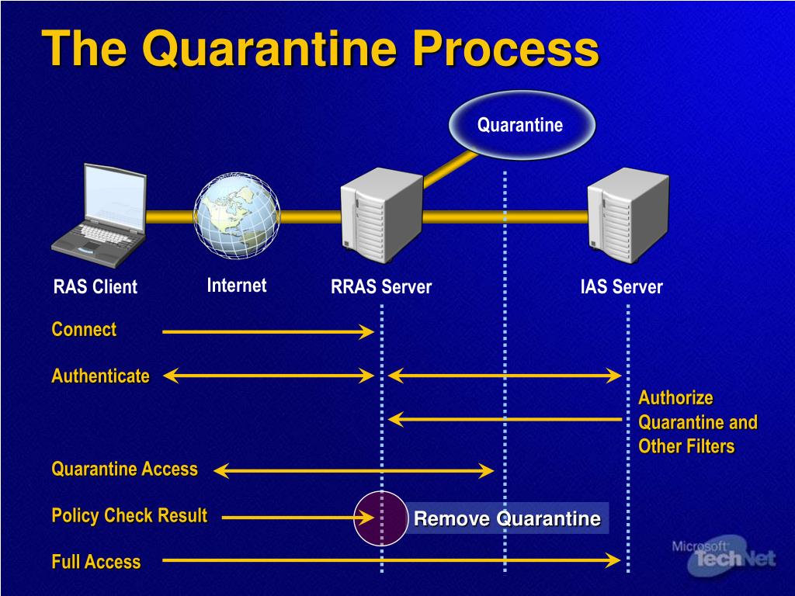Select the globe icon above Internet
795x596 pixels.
click(236, 215)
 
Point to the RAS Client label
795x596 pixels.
click(95, 287)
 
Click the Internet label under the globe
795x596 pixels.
click(236, 286)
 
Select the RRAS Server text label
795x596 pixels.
click(381, 287)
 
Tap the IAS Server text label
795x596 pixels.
click(621, 287)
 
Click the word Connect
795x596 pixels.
click(84, 330)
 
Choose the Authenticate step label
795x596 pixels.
click(100, 376)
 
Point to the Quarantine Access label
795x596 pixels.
click(124, 470)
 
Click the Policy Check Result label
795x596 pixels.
click(129, 516)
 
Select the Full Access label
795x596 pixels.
click(96, 563)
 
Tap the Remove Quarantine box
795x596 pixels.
click(507, 518)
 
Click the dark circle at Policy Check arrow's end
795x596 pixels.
click(381, 518)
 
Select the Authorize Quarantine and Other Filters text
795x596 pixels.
click(697, 422)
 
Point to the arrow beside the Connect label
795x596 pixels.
click(268, 332)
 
